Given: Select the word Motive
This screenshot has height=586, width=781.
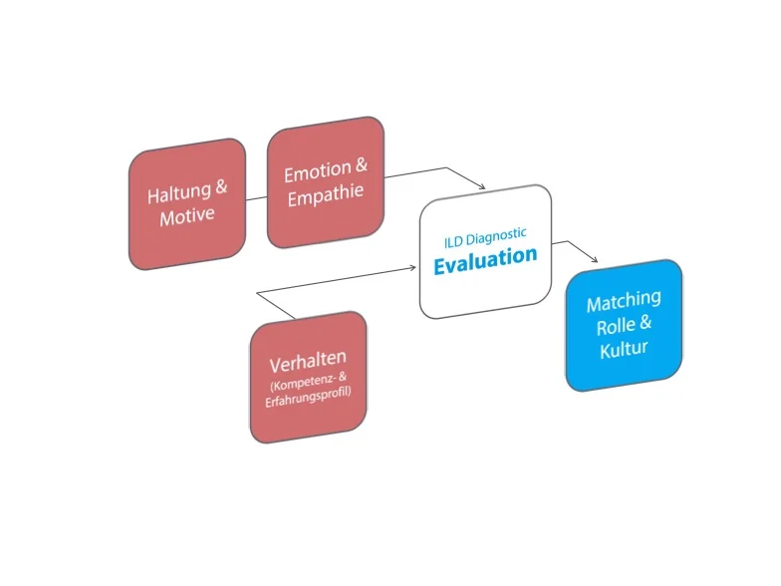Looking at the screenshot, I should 187,215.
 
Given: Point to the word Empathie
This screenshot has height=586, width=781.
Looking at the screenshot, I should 326,195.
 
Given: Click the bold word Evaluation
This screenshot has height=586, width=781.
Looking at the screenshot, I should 485,258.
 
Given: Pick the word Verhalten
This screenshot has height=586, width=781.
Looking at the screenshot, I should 307,364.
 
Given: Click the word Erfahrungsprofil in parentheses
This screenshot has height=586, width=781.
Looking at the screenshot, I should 310,402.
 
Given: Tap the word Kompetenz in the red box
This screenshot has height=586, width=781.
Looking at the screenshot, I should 298,386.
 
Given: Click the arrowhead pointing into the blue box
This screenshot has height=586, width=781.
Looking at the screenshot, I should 594,261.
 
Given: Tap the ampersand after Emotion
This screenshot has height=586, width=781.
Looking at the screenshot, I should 361,166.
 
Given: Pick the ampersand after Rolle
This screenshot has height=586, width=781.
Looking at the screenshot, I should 646,323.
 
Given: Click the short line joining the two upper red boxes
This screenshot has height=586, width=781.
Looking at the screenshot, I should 256,196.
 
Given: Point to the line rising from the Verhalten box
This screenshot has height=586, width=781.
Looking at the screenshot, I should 276,306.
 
